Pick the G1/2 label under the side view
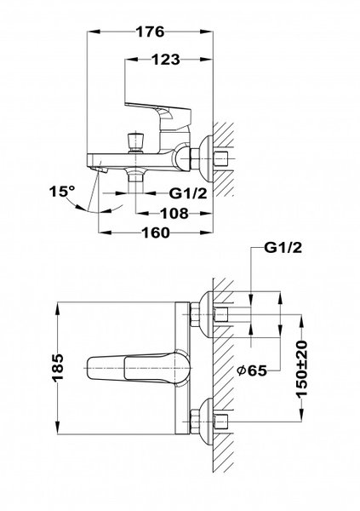(183, 193)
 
